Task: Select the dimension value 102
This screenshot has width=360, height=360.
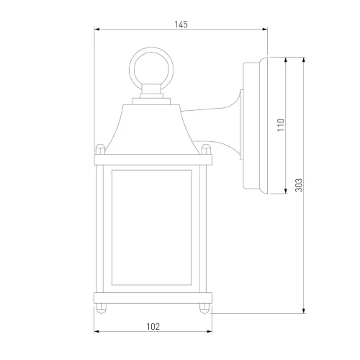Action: coord(153,326)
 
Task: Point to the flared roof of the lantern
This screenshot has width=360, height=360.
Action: coord(153,126)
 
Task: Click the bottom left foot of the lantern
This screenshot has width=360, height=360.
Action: coord(102,308)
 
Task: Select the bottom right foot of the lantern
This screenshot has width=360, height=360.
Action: coord(205,308)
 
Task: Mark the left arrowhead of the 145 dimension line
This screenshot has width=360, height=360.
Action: coord(98,30)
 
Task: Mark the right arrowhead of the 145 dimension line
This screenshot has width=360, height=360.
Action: coord(265,30)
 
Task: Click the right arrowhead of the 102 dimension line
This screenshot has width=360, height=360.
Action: coord(210,332)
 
